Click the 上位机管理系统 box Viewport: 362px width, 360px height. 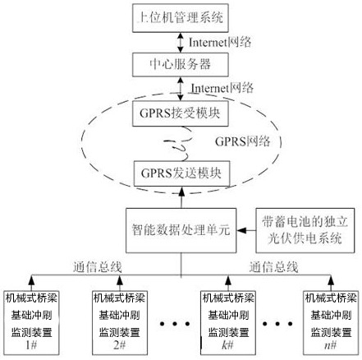(x=181, y=18)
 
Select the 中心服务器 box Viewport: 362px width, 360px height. (x=181, y=65)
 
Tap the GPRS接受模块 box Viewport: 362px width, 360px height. (x=181, y=113)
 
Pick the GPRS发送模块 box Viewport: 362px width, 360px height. (x=181, y=173)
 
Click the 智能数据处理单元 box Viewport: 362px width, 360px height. (x=181, y=230)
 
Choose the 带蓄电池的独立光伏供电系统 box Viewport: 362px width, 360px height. (x=305, y=230)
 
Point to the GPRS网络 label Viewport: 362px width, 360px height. (x=243, y=141)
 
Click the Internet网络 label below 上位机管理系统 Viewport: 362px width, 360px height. (x=220, y=43)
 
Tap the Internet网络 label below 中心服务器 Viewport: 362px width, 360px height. (x=222, y=88)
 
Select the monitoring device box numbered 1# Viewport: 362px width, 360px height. (x=31, y=323)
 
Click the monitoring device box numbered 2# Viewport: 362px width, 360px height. (x=120, y=323)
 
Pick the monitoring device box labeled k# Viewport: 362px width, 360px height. (x=228, y=323)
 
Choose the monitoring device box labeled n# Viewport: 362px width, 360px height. (x=331, y=323)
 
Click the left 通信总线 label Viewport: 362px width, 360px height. (x=97, y=267)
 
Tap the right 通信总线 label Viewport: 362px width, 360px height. (x=273, y=267)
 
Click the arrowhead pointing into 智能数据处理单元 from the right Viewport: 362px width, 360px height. (x=241, y=230)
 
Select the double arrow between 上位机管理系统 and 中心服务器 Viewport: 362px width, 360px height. (x=180, y=43)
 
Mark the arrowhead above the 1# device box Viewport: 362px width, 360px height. (x=31, y=279)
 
